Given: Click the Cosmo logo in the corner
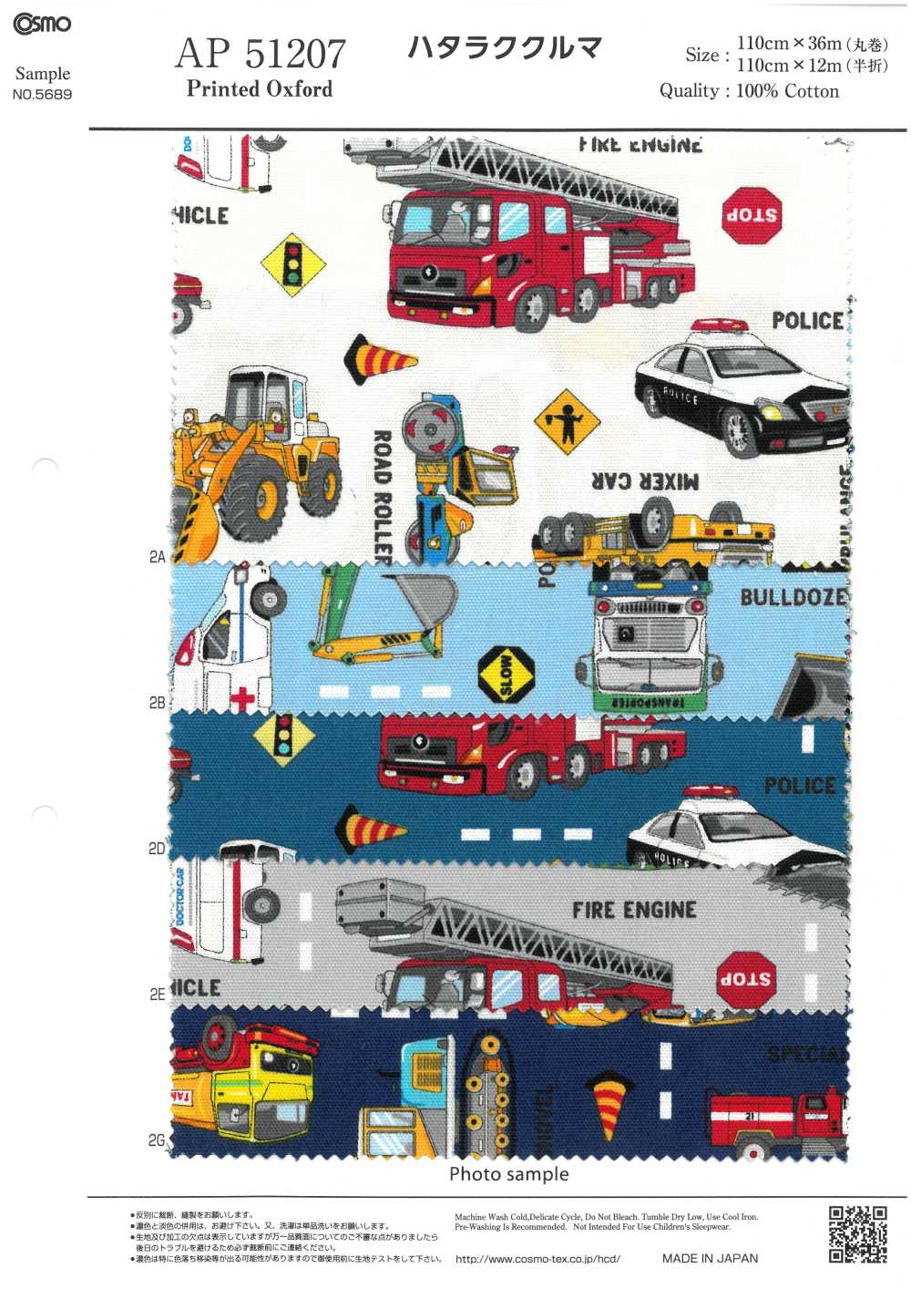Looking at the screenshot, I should pos(42,24).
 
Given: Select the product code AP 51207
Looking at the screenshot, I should pos(261,54).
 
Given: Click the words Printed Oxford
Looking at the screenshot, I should pos(260,89).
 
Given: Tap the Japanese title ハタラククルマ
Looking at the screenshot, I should pos(505,47).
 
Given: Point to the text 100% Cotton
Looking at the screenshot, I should pos(787,91).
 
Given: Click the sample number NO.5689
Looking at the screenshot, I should pos(42,94).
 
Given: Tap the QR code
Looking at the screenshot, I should pos(857,1233).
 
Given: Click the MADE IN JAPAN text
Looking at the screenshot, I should pos(710,1258).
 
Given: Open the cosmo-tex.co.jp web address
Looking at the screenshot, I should pos(537,1259).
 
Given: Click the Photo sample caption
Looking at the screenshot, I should pos(508,1174).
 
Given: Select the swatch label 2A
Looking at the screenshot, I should pos(157,557).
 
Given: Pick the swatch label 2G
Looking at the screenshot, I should pos(157,1140).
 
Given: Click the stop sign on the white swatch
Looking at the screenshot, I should pos(752,216).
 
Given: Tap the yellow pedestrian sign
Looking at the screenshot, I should pos(567,422).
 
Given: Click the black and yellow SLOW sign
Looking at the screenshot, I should pos(507,675).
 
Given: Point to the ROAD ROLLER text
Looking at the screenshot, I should pos(383,497).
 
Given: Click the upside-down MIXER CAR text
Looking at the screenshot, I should pos(645,480).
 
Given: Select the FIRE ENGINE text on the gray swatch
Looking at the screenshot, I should pos(634,910).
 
